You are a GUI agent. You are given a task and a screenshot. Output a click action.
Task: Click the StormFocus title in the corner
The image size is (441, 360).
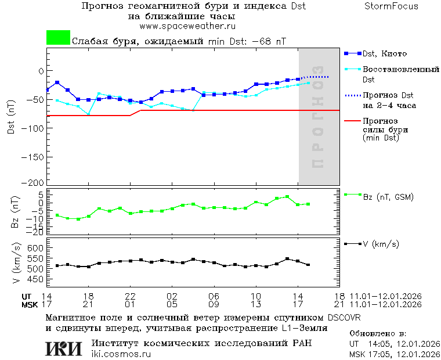point(391,6)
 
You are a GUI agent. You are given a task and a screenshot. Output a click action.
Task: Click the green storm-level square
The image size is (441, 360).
point(58,38)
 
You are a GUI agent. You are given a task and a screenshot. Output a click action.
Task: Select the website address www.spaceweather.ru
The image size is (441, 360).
point(187,26)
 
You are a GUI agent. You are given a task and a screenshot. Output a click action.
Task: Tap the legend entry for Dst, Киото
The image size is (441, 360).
point(386,53)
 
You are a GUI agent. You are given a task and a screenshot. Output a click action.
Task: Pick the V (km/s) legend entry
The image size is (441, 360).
point(381,244)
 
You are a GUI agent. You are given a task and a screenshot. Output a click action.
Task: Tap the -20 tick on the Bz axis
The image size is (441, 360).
point(35,232)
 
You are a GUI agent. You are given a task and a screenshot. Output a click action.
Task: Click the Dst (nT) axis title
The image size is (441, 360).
point(12,119)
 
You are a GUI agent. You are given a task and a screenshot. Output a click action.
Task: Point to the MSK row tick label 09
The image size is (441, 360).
point(214,304)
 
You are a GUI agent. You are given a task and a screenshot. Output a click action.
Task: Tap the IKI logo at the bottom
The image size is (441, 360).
point(64,348)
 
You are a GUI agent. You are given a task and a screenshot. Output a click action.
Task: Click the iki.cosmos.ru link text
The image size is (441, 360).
point(121,354)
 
